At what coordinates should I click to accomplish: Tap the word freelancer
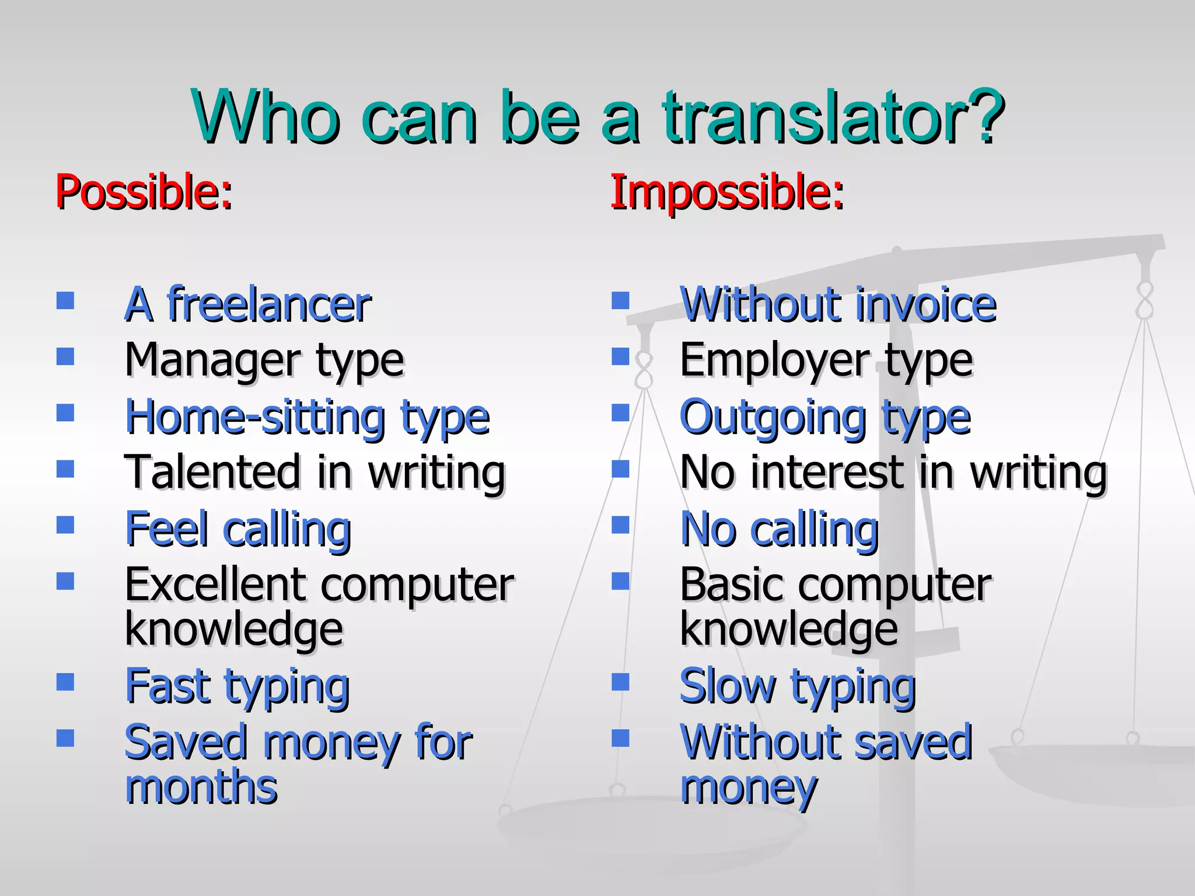coord(269,304)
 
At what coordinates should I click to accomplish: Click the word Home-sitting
coord(255,418)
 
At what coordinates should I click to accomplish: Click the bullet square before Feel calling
coord(65,525)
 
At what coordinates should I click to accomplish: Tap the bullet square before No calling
coord(620,525)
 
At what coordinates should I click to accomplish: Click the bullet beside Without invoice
coord(620,300)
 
